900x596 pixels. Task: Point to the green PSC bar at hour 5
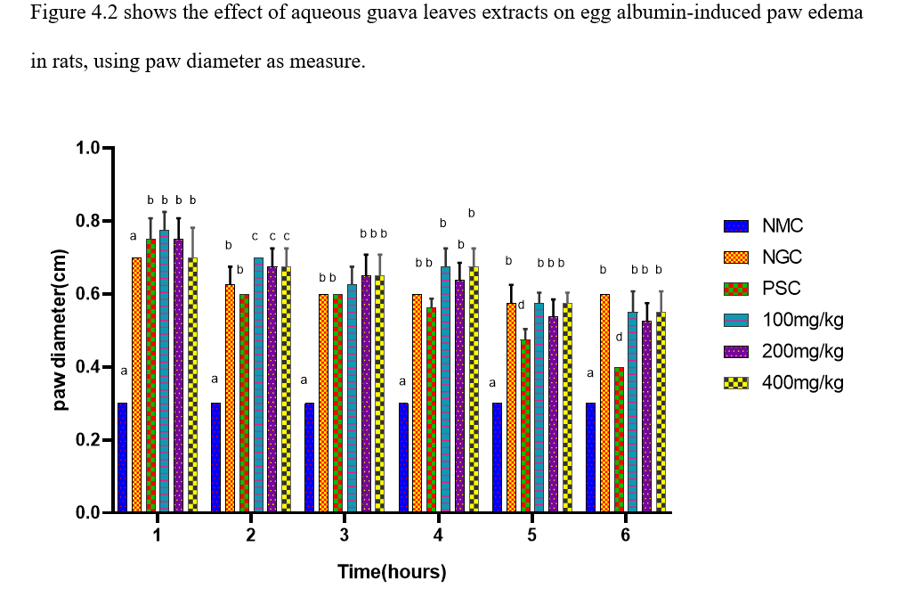coord(525,425)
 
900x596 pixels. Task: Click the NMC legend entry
coord(766,226)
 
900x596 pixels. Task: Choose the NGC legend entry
coord(766,257)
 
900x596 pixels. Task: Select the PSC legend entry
coord(766,289)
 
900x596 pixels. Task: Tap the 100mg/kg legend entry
coord(783,320)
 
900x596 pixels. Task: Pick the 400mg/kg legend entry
coord(783,382)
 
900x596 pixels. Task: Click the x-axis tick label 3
coord(345,535)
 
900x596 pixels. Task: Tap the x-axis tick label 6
coord(625,535)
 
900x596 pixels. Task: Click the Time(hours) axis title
coord(392,572)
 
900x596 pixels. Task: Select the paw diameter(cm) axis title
coord(61,331)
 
